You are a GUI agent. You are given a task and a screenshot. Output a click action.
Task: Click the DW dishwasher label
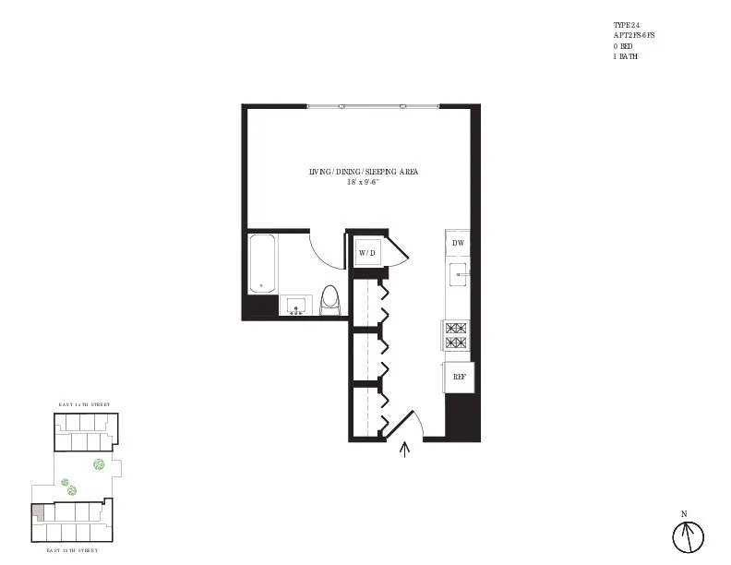coord(458,243)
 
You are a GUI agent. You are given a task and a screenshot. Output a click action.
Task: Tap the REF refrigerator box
coord(458,377)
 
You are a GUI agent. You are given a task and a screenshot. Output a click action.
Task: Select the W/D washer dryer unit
coord(367,252)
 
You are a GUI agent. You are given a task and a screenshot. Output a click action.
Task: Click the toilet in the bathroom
coord(330,299)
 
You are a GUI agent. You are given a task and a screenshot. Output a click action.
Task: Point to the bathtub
coord(262,263)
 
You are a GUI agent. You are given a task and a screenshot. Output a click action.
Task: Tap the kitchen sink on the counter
coord(458,274)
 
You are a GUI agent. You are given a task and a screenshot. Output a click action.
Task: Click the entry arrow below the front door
coord(404,450)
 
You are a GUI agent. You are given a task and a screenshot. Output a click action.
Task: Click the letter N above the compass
coord(684,513)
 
